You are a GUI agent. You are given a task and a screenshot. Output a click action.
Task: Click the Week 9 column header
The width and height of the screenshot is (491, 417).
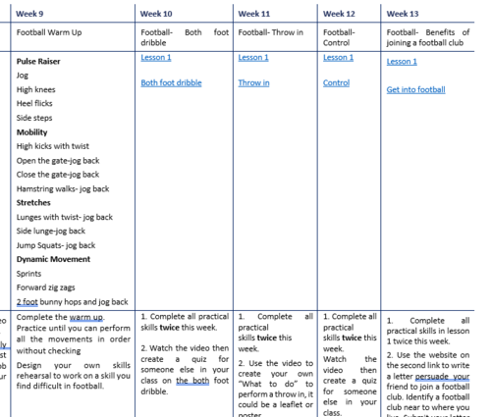point(30,14)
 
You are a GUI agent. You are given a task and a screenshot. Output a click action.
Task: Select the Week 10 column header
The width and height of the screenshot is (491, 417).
point(158,14)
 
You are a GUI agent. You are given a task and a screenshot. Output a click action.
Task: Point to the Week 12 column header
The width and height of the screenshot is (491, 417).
point(339,14)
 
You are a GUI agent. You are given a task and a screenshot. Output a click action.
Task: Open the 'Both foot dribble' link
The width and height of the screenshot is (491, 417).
point(177,83)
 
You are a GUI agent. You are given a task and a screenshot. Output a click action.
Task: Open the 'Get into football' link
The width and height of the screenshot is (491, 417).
point(416,90)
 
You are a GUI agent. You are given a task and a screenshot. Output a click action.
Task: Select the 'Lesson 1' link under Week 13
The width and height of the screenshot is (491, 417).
point(402,62)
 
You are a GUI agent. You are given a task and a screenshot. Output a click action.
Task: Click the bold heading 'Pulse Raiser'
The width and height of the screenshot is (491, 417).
point(39,61)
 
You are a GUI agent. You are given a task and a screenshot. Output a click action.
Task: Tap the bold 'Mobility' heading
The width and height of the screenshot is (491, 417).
point(31,131)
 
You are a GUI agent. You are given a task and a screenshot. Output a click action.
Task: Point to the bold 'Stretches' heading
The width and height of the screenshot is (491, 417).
point(33,203)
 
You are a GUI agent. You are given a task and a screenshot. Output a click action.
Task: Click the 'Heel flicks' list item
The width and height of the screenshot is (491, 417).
point(35,103)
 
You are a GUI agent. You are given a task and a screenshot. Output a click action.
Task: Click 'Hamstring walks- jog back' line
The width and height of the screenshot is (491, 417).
point(63,188)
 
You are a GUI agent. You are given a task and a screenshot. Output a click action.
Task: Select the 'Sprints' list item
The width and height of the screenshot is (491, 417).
point(29,274)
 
